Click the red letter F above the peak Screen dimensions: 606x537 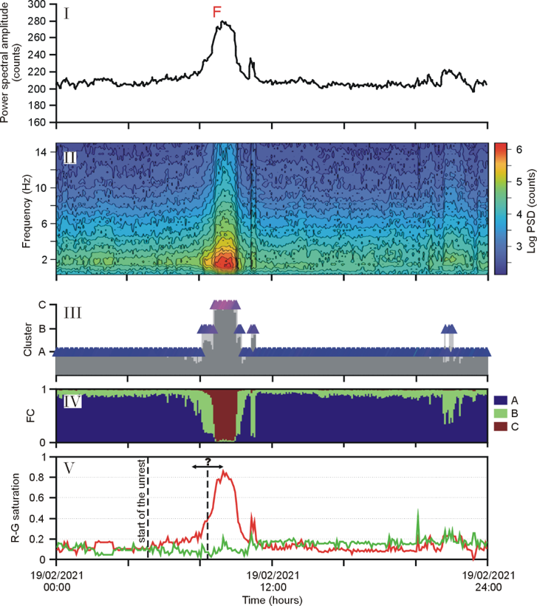click(216, 12)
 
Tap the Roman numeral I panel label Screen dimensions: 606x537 click(66, 13)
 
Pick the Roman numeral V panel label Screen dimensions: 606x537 click(67, 467)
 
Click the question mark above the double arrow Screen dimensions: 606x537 click(208, 461)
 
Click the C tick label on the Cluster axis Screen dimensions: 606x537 click(43, 304)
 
